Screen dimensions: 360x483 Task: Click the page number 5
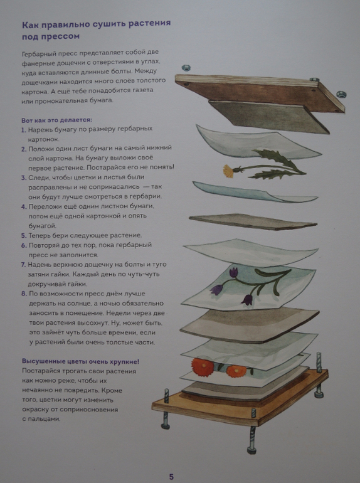171,477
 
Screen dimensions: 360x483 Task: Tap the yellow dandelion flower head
228,171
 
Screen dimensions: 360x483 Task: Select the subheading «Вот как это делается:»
56,120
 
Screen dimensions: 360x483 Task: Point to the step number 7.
23,265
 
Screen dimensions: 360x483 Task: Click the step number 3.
23,178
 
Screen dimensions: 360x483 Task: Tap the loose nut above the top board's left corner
186,68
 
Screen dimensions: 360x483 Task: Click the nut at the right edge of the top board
341,94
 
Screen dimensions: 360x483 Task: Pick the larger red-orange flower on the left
203,366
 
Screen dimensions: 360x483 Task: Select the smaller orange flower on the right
236,371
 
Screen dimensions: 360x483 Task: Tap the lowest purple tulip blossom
247,300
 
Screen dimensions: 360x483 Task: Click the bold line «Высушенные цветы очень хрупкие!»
80,361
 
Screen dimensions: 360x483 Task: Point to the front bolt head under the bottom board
252,450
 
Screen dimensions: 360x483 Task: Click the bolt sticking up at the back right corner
319,363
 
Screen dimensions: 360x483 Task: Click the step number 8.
24,294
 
